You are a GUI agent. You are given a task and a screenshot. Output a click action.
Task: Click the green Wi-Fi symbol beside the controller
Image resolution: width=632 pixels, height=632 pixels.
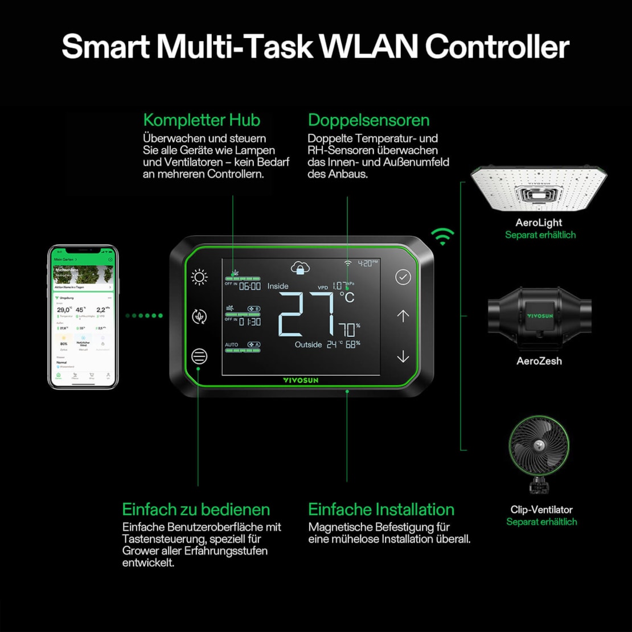442,236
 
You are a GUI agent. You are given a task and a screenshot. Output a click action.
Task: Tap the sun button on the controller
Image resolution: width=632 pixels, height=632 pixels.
199,277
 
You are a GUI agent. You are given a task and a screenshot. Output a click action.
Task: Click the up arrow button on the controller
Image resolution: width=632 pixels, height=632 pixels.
403,316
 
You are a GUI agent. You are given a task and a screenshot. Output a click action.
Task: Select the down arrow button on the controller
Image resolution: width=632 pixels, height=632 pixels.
403,356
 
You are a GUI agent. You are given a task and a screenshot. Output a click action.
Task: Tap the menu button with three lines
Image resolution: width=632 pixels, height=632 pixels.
199,356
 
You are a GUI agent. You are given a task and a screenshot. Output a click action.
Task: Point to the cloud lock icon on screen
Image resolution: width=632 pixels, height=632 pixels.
300,268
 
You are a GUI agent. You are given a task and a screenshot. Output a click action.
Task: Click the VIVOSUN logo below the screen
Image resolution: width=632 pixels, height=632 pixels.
300,380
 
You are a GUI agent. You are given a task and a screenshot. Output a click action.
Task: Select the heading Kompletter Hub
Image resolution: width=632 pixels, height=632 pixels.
202,120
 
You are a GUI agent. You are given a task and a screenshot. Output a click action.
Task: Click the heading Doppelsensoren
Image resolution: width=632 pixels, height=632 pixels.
368,120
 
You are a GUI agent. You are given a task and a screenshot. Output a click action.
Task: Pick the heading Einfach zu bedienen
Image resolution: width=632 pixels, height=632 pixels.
196,509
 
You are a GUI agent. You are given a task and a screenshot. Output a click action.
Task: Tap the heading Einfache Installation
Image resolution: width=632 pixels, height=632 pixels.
381,509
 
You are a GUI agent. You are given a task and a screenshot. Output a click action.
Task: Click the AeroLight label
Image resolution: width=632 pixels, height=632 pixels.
539,223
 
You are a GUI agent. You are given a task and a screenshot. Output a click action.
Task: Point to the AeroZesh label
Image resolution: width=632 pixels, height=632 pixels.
539,361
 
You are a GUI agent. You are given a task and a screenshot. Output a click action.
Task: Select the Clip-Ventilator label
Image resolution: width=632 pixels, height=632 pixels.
541,510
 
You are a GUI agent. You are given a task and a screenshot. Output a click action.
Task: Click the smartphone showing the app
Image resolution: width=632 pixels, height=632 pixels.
83,317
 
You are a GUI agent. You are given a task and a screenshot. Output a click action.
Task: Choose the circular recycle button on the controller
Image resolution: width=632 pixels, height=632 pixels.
199,317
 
